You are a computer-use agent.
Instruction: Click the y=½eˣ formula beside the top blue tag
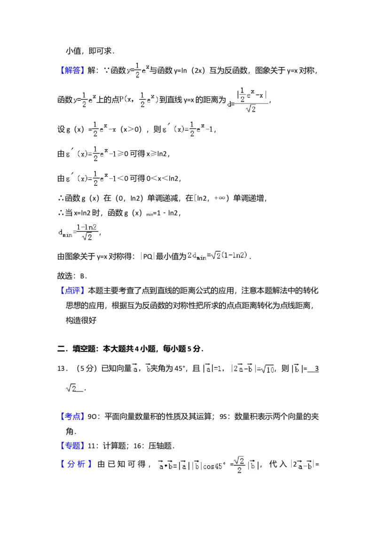tap(137, 70)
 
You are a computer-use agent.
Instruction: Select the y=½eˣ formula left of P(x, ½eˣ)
tap(85, 100)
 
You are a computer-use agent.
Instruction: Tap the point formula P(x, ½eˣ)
tap(139, 100)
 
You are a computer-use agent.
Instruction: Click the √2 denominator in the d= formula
tap(251, 109)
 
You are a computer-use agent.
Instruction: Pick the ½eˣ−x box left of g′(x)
tap(104, 128)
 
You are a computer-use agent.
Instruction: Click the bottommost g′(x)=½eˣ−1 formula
tap(92, 179)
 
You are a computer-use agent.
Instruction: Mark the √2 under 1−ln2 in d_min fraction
tap(87, 238)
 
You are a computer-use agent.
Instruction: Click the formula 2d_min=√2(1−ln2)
tap(218, 256)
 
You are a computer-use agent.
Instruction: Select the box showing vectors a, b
tap(141, 369)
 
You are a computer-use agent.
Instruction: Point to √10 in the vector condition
tap(267, 369)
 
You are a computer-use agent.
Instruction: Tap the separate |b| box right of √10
tap(297, 369)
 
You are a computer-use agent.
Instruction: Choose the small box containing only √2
tap(71, 388)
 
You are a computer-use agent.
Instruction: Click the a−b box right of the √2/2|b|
tap(303, 465)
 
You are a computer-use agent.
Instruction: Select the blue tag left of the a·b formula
tap(77, 465)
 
